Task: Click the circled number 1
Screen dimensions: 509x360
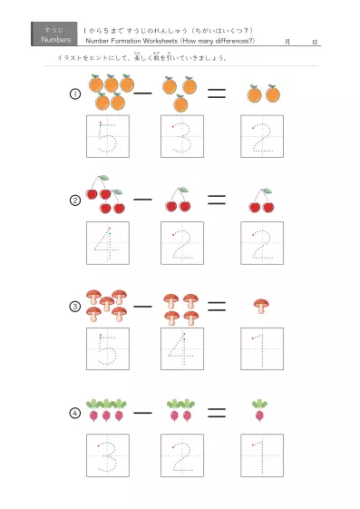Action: (76, 94)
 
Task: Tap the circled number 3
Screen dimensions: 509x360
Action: (76, 307)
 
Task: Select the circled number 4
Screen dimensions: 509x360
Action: (76, 413)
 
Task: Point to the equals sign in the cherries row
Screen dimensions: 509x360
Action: (216, 198)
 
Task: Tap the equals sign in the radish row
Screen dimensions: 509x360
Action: (216, 412)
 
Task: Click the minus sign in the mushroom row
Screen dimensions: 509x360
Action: (142, 306)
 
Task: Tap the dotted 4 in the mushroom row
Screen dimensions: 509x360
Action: (181, 349)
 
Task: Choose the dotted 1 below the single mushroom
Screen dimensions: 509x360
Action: (261, 349)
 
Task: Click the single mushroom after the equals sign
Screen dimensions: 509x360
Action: (261, 305)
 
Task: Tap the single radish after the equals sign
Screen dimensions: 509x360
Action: (260, 410)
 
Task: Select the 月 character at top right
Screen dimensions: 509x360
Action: (287, 42)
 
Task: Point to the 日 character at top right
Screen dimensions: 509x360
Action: (314, 42)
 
